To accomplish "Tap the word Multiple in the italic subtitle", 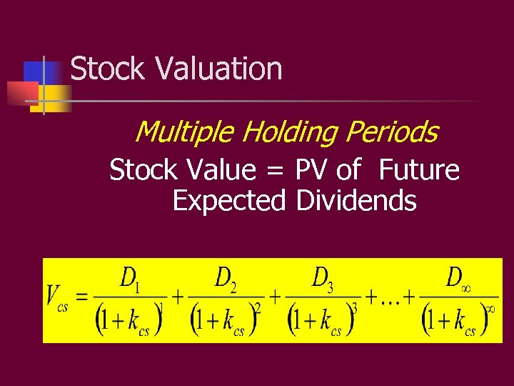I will (x=183, y=132).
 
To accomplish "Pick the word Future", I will (x=419, y=170).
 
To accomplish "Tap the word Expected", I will (x=229, y=201).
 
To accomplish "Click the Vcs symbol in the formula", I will (x=56, y=297).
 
